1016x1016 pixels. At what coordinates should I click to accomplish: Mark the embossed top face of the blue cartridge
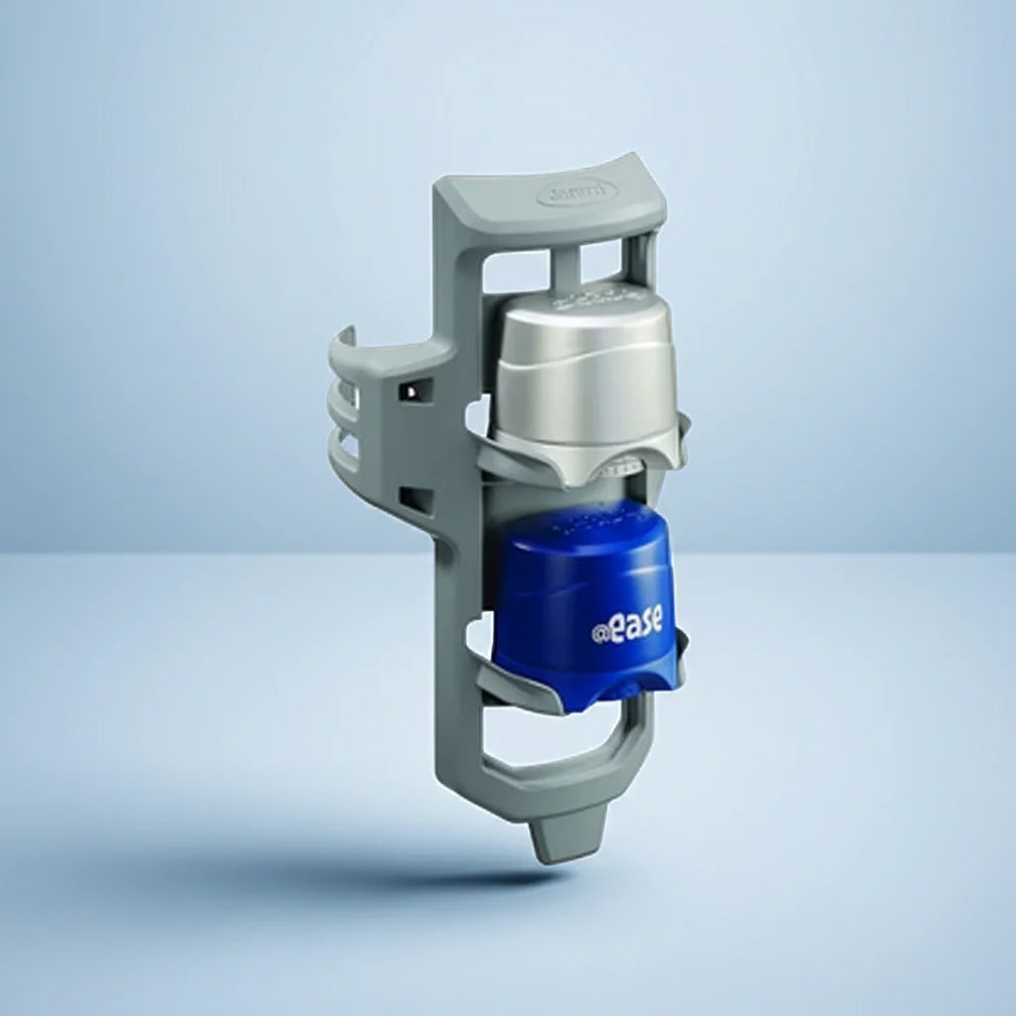click(x=585, y=521)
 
